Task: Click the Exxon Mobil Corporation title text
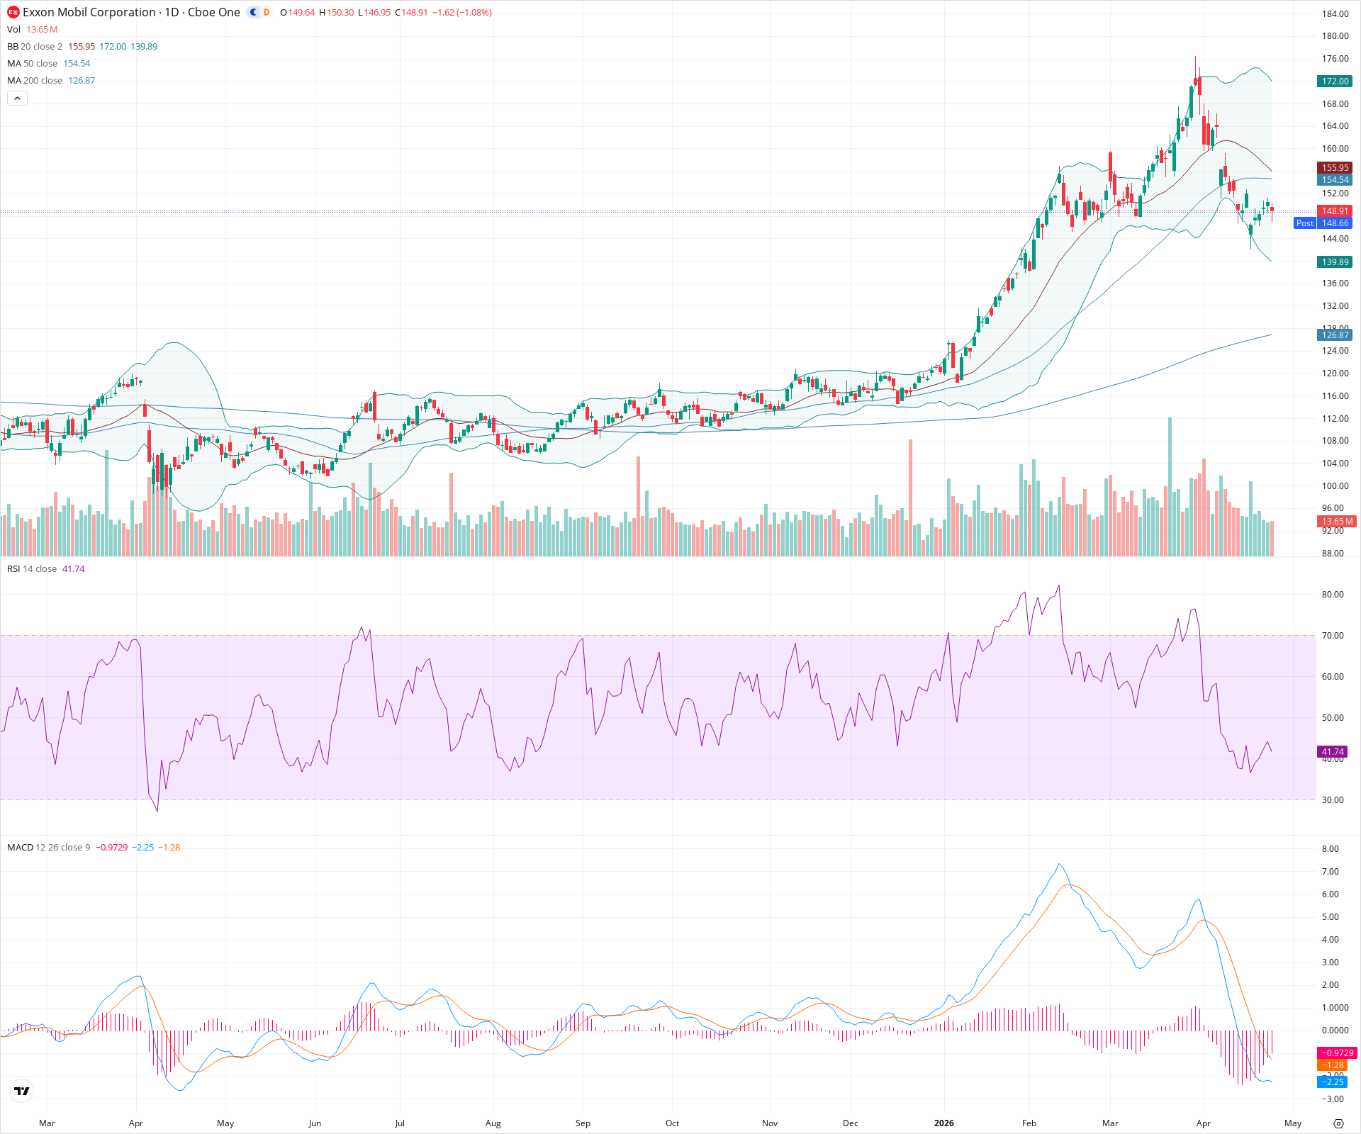click(89, 12)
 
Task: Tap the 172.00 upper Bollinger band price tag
click(1335, 82)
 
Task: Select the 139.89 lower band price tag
click(1335, 262)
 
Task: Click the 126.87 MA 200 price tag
click(1335, 335)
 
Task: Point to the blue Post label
click(1304, 223)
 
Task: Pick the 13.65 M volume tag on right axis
click(1336, 522)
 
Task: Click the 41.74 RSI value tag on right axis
click(1333, 752)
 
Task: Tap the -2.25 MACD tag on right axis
click(1333, 1082)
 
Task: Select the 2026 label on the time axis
click(943, 1123)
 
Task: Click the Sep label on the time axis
click(583, 1123)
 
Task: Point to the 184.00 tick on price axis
click(1335, 13)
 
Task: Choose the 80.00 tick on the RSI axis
click(1333, 595)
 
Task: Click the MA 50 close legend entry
click(32, 64)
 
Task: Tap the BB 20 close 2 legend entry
click(35, 47)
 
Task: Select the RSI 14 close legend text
click(32, 569)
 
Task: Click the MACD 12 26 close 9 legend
click(48, 848)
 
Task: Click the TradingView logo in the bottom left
click(22, 1091)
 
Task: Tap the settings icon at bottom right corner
click(1338, 1123)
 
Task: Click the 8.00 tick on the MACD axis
click(1331, 849)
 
